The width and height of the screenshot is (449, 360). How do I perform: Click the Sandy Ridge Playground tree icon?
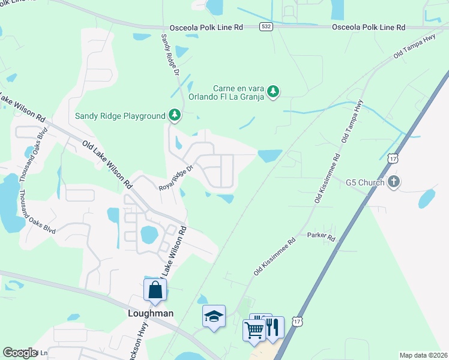[174, 115]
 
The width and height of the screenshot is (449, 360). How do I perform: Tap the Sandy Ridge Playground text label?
[119, 116]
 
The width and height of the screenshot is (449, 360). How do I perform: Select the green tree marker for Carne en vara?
[274, 91]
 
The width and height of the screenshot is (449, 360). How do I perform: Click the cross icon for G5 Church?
[393, 182]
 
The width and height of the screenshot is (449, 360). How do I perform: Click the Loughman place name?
[152, 313]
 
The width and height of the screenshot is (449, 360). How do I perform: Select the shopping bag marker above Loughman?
[155, 290]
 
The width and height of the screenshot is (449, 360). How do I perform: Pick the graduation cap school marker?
[214, 317]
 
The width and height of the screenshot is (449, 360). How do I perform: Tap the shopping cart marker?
[254, 329]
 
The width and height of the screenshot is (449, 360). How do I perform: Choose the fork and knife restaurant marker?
[273, 327]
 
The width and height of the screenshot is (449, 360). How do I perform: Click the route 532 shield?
[266, 27]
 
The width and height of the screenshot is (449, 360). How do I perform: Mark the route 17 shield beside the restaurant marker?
[297, 322]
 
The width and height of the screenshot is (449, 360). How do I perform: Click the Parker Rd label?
[321, 238]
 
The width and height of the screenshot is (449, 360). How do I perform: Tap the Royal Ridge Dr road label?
[175, 178]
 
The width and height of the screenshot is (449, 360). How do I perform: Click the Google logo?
[20, 353]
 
